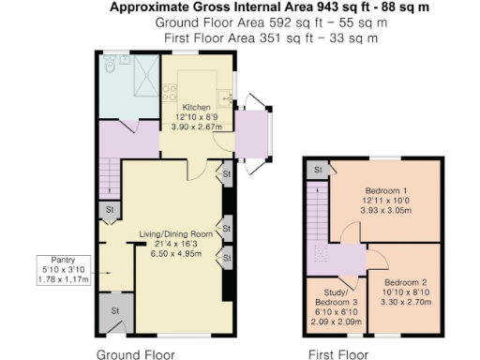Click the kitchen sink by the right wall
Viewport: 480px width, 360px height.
coord(225,96)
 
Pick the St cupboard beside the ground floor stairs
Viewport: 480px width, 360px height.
coord(110,209)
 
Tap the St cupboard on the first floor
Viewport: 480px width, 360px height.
coord(319,170)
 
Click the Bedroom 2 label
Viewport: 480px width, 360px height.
coord(407,282)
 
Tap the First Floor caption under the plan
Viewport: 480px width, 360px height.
coord(338,354)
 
